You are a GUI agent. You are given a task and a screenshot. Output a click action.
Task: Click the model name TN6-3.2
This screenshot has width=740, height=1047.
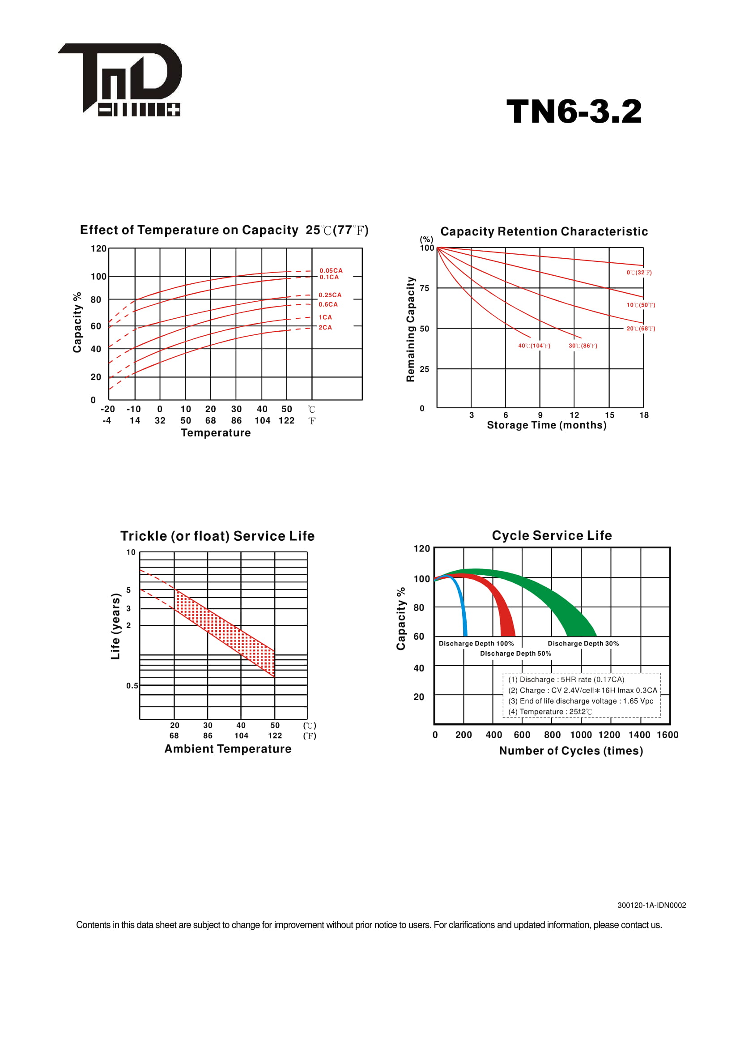tap(574, 112)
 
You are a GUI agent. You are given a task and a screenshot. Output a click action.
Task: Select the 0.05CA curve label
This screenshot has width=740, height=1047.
tap(331, 270)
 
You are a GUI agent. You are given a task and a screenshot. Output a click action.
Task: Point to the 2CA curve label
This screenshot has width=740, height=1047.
tap(325, 327)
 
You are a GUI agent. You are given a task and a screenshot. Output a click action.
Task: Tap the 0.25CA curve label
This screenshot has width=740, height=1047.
tap(330, 295)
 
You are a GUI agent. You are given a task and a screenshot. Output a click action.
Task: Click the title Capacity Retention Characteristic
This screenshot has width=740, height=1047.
tap(544, 232)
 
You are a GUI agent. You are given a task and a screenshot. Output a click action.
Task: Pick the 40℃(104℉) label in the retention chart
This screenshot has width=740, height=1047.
tap(534, 346)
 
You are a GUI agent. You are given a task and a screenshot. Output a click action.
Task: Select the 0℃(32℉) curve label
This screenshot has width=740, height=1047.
tap(639, 273)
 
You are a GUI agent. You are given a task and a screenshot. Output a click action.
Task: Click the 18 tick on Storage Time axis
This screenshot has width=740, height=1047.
tap(644, 415)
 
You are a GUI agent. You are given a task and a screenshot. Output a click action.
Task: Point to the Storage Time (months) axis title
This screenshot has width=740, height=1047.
tap(547, 425)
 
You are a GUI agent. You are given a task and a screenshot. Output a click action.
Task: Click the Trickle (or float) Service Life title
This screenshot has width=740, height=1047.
tap(217, 536)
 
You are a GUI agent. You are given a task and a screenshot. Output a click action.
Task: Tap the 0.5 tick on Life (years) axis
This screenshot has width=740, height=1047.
tap(132, 685)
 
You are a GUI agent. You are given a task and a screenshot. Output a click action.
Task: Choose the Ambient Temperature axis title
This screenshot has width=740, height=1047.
tap(228, 749)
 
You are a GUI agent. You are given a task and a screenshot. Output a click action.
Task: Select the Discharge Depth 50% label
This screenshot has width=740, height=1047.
tap(515, 654)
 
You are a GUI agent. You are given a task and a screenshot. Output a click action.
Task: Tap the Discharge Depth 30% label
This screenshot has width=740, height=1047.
tap(583, 643)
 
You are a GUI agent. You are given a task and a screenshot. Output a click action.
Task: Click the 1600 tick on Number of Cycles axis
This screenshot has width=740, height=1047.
tap(668, 735)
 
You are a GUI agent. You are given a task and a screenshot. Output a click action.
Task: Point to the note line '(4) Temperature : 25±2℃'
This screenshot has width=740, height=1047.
tap(550, 711)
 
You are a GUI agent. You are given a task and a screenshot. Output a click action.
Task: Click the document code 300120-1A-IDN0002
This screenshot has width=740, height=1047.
tap(651, 905)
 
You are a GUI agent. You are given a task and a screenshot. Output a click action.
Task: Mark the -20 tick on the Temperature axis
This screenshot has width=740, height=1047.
tap(107, 409)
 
